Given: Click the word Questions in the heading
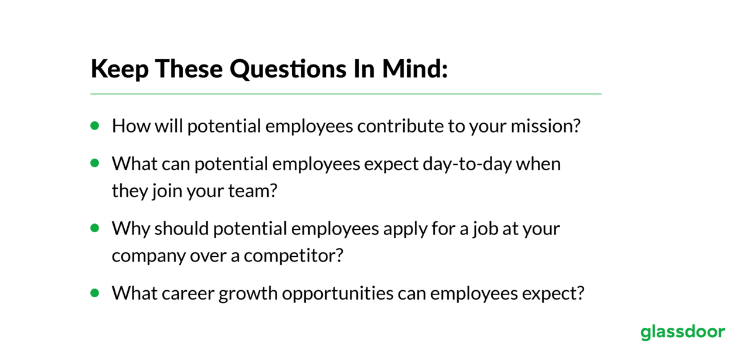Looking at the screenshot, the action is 288,69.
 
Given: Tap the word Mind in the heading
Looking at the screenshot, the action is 414,69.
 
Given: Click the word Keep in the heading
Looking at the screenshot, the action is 120,70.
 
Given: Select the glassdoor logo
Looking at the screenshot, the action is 683,332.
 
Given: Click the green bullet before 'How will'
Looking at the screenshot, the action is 95,125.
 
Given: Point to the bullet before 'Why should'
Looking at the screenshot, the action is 95,228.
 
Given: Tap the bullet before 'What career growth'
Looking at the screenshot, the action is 95,293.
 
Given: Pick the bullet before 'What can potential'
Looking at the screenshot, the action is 95,163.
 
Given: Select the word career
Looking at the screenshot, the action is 188,294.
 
